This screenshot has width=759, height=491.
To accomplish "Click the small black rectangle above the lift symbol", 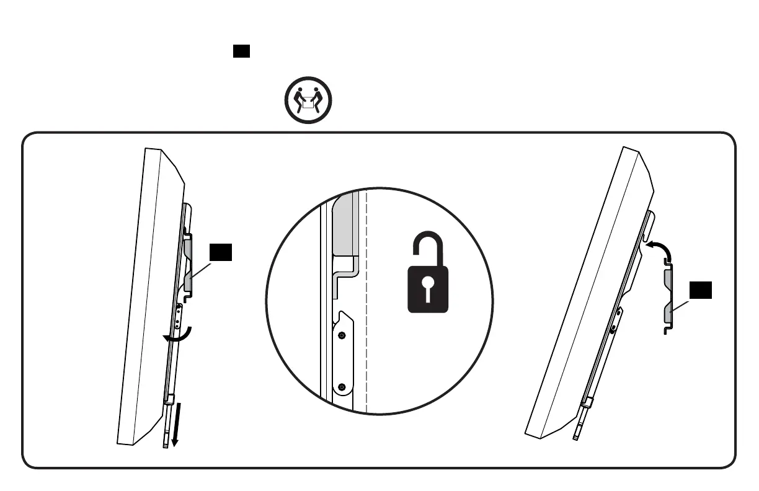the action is point(241,51).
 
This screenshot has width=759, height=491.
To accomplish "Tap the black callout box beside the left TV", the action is point(221,252).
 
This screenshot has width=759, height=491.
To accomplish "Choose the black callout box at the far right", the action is point(701,290).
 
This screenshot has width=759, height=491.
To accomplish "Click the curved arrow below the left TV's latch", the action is point(180,335).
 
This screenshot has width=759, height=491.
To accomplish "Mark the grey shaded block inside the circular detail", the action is point(345,224).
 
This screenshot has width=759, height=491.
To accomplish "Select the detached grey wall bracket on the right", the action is point(668,298).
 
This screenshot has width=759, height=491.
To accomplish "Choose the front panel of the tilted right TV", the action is point(583,291).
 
